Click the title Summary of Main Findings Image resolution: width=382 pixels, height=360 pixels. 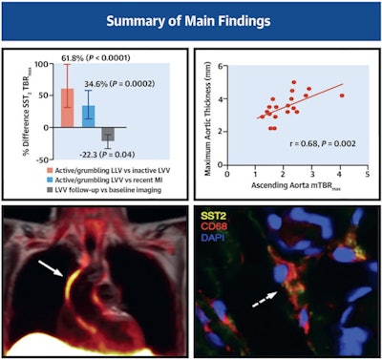click(x=191, y=20)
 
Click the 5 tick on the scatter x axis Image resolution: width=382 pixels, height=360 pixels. click(x=369, y=164)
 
